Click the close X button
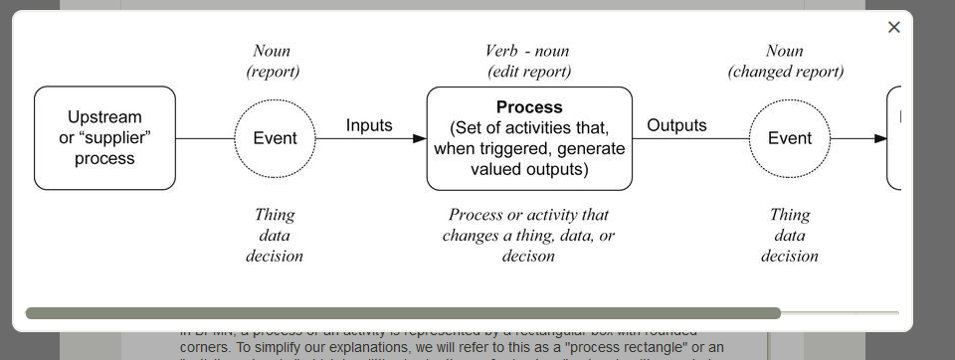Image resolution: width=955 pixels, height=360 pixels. tap(893, 28)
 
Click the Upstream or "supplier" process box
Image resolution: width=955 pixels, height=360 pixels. tap(104, 138)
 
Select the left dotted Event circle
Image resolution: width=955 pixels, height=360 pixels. tap(275, 138)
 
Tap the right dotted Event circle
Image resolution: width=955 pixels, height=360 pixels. tap(790, 138)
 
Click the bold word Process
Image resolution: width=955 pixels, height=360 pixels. tap(529, 107)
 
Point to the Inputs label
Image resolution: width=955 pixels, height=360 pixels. tap(369, 125)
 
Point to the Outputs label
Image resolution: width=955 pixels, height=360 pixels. tap(676, 125)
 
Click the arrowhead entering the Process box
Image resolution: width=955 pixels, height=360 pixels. tap(419, 138)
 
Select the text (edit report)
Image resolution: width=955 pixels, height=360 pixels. tap(529, 72)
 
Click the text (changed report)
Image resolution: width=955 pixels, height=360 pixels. tap(786, 72)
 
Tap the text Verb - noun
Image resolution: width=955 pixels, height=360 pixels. tap(527, 51)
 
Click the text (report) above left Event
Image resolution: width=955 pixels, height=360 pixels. tap(273, 72)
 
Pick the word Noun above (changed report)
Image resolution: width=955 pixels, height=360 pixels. tap(785, 51)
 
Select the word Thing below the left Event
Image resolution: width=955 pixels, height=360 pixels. tap(275, 215)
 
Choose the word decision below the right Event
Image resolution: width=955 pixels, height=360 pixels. tap(790, 257)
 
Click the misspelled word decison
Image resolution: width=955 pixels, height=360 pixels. tap(528, 257)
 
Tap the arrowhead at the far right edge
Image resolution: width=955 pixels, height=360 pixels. tap(880, 138)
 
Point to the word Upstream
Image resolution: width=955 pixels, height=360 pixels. tap(104, 117)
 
